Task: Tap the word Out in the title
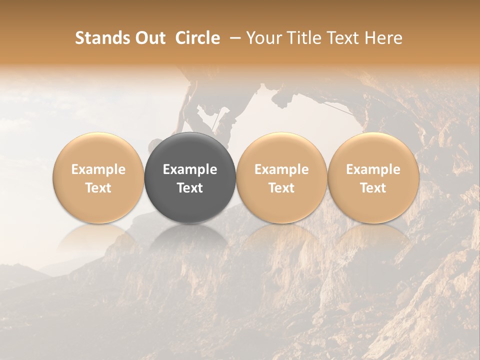[x=149, y=38]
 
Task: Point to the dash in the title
[x=233, y=38]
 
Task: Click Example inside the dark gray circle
[x=190, y=169]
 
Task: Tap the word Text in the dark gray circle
[x=190, y=188]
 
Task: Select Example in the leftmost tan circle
[x=98, y=169]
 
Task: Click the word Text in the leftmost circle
[x=98, y=188]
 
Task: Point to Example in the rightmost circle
[x=373, y=169]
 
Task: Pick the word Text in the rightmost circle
[x=373, y=188]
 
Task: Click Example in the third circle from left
[x=281, y=169]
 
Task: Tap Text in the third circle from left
[x=281, y=188]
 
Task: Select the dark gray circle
[x=190, y=150]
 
